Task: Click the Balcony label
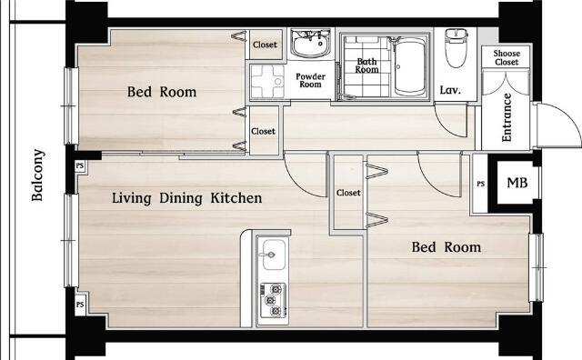click(38, 175)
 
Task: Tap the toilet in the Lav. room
click(456, 47)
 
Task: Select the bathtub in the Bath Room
click(410, 66)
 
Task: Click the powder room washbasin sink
click(311, 45)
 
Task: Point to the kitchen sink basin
click(274, 255)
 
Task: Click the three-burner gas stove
click(273, 300)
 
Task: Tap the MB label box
click(517, 183)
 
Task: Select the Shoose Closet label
click(507, 57)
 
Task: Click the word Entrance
click(507, 117)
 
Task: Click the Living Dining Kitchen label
click(186, 198)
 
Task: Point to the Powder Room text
click(310, 80)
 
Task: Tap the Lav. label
click(450, 90)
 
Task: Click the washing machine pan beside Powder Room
click(266, 81)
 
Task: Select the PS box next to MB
click(481, 184)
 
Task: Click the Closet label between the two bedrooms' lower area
click(348, 193)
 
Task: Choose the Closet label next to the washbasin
click(265, 45)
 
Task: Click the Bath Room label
click(366, 65)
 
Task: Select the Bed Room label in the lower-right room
click(447, 247)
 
